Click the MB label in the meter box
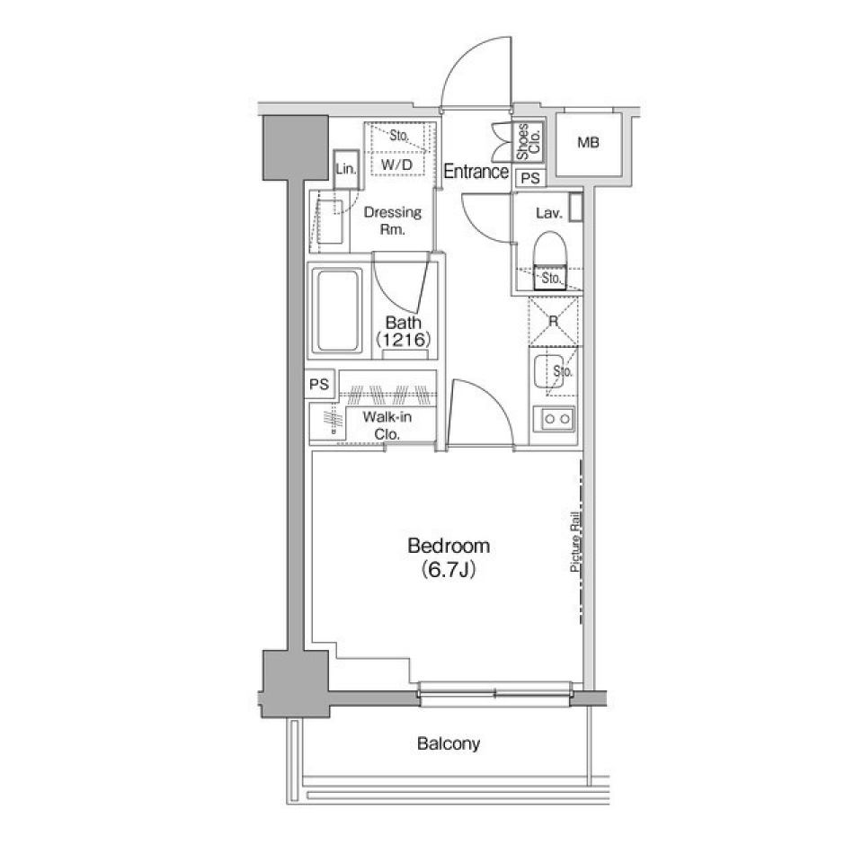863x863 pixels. click(x=588, y=143)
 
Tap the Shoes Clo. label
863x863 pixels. click(x=527, y=143)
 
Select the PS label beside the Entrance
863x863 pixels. click(x=530, y=178)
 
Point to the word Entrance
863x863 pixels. click(x=476, y=172)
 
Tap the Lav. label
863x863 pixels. click(x=547, y=213)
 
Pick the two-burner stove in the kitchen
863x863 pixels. click(x=554, y=418)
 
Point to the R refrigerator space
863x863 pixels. click(x=554, y=321)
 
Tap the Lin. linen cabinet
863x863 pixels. click(x=345, y=169)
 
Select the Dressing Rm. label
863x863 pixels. click(x=392, y=220)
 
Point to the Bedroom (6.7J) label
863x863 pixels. click(x=449, y=556)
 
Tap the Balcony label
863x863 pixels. click(x=448, y=743)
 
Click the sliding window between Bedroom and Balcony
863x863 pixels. click(x=494, y=690)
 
